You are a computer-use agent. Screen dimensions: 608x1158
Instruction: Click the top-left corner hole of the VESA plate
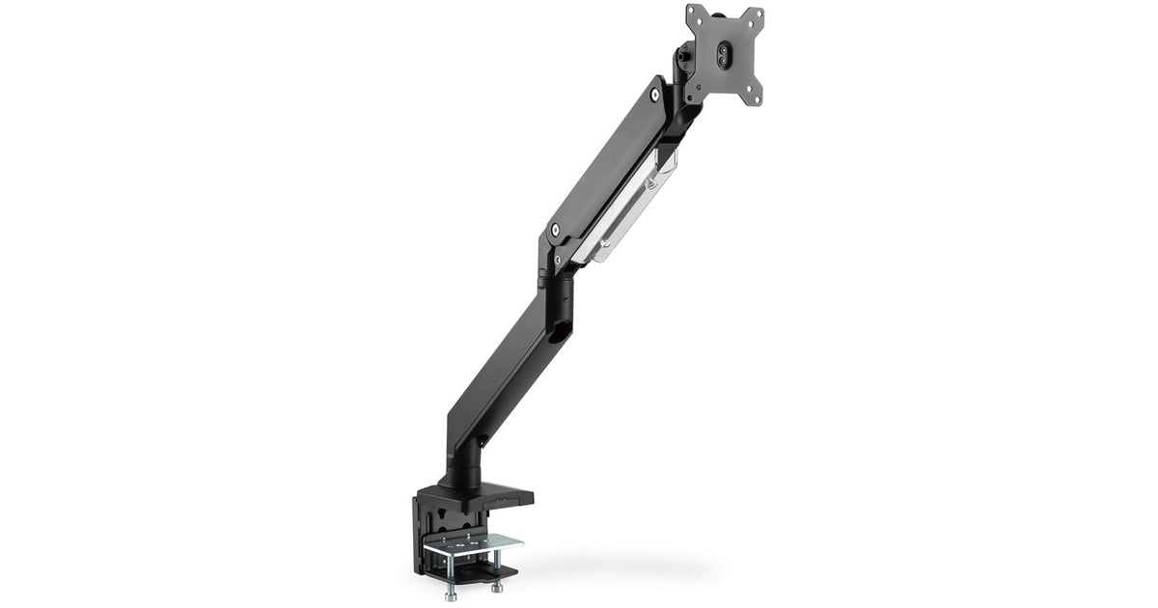coord(693,13)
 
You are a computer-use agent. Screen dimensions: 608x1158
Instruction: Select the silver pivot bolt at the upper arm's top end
coord(655,95)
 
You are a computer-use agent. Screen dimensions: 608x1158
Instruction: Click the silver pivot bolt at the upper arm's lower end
coord(554,231)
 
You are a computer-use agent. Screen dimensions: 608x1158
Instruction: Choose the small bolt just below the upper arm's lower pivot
coord(557,260)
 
